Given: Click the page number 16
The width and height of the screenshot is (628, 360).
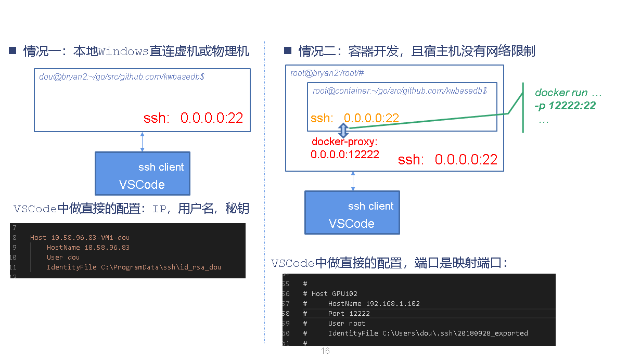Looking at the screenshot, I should [x=325, y=351].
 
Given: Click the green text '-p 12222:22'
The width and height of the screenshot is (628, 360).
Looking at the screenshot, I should [x=565, y=106].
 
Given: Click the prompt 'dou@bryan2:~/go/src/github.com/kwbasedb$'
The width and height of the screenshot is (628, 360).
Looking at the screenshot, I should [x=122, y=76].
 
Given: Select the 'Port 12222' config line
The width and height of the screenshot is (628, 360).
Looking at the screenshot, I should [x=349, y=313].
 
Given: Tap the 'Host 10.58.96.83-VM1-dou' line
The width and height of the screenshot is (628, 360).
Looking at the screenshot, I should [x=80, y=237].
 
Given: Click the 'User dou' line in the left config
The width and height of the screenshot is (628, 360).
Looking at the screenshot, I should [x=63, y=257].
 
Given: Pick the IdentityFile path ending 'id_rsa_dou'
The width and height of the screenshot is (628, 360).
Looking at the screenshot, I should [x=134, y=267].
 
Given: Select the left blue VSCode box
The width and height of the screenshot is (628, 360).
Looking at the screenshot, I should [x=143, y=174].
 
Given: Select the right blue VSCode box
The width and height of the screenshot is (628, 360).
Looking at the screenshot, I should [x=352, y=212].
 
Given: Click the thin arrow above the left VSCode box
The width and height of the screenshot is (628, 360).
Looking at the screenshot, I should [x=142, y=142].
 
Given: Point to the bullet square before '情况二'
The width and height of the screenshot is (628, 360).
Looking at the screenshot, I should [x=287, y=50].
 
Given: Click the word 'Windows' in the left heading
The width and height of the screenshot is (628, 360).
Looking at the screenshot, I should [x=123, y=51].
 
